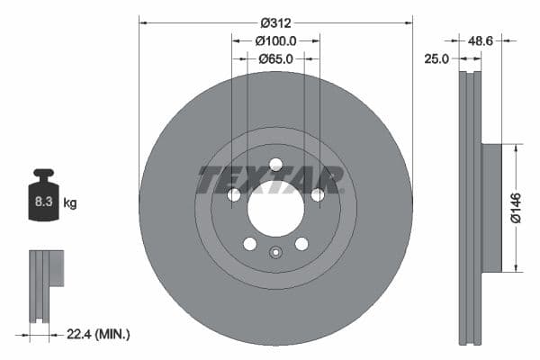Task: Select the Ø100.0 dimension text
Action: (x=275, y=40)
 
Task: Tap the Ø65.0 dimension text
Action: (x=275, y=59)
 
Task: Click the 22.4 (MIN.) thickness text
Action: (x=98, y=334)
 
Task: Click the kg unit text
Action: (x=70, y=203)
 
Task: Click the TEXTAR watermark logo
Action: (x=270, y=180)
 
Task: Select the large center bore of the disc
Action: (x=275, y=208)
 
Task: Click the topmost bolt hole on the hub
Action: (x=275, y=165)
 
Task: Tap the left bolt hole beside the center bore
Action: (x=234, y=195)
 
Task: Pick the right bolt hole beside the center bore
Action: (x=317, y=195)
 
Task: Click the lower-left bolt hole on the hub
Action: (x=249, y=244)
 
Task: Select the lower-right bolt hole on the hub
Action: (x=301, y=244)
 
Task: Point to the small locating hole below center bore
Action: (x=275, y=253)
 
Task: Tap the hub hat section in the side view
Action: (x=490, y=207)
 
